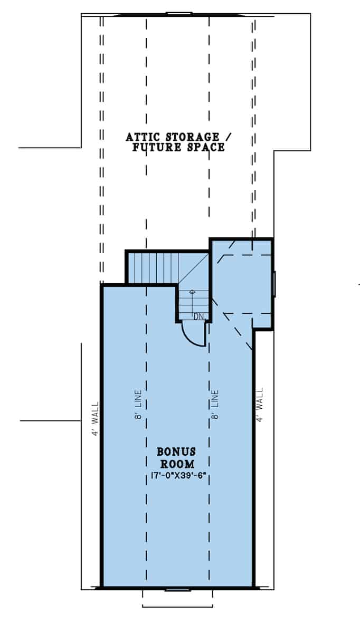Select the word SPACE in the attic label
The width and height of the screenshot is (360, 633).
coord(205,147)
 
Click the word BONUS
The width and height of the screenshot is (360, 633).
coord(176,452)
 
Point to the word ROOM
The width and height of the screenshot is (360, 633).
coord(176,464)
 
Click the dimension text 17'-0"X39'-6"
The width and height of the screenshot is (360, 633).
coord(176,476)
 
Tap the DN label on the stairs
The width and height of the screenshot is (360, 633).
coord(198,316)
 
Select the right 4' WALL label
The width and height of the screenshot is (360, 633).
coord(259,406)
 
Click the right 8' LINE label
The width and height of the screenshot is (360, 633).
coord(215,406)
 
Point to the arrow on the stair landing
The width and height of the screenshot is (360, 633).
coord(192,292)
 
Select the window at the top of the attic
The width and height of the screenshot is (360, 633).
coord(179,13)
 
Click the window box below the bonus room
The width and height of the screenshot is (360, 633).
coord(177,597)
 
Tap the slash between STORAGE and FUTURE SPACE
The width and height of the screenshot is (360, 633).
coord(229,137)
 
